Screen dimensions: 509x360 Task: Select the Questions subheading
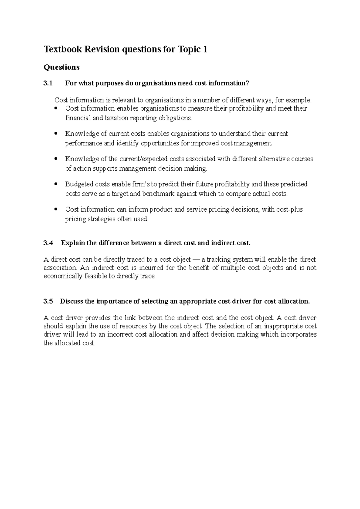pos(61,67)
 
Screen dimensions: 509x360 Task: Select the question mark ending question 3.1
pos(247,83)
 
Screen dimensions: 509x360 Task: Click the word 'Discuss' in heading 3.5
pos(71,301)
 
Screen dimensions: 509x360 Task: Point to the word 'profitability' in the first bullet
pos(247,108)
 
